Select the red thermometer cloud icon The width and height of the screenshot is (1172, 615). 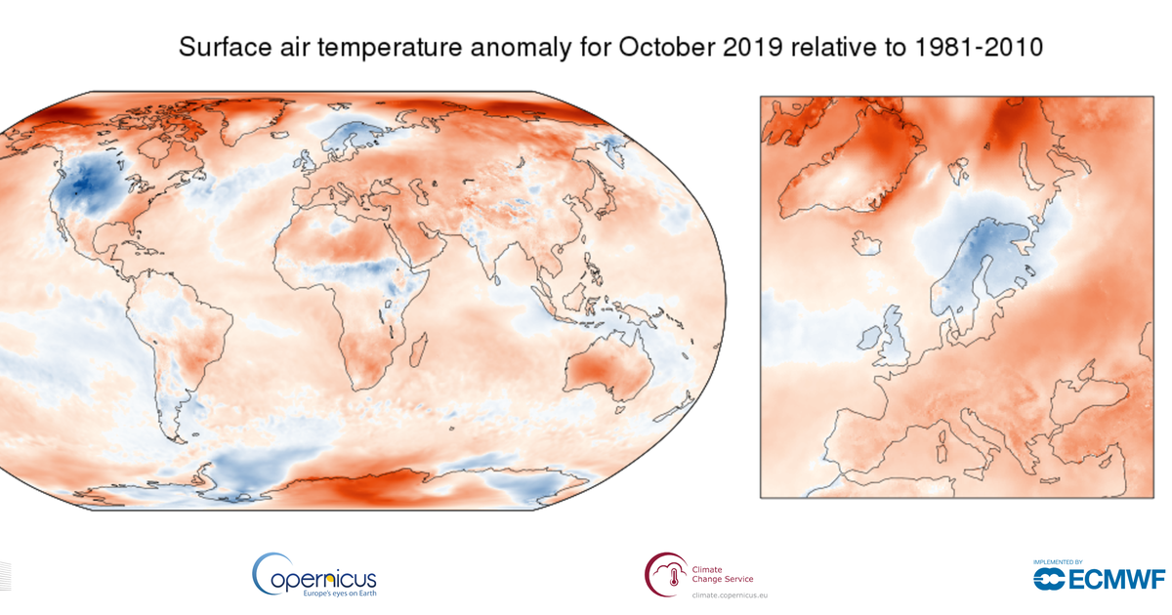tap(664, 573)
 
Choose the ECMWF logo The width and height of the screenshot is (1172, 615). tap(1098, 580)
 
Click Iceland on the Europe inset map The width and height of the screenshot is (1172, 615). tap(864, 242)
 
